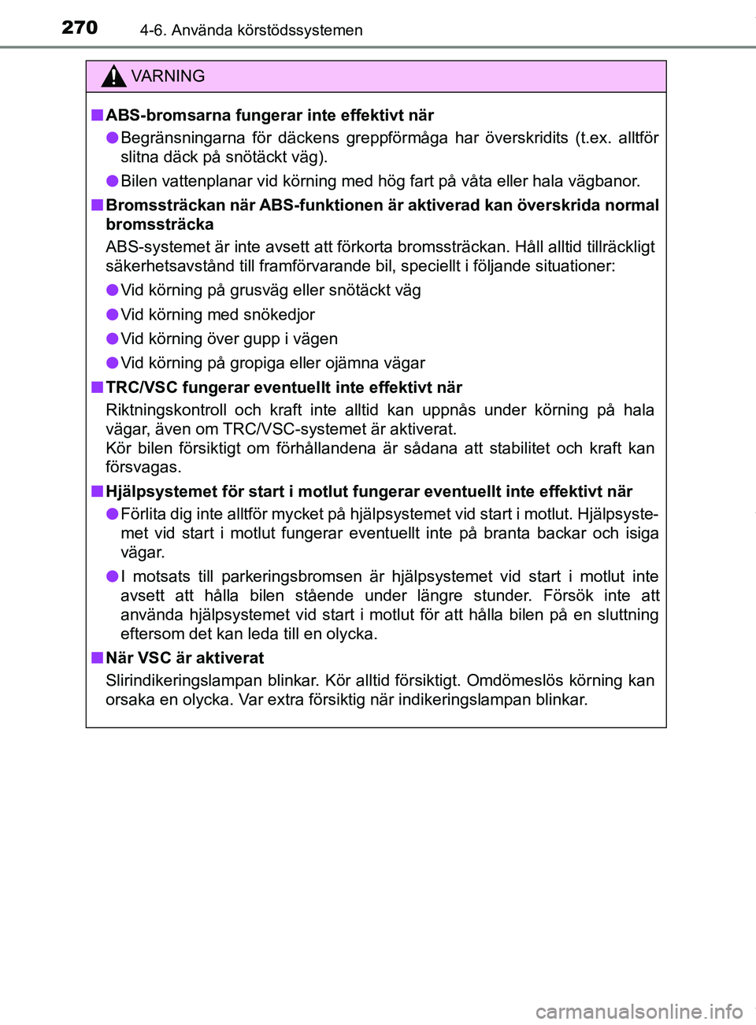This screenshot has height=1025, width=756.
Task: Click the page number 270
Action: click(x=80, y=28)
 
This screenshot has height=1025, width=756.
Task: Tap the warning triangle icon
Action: click(x=113, y=76)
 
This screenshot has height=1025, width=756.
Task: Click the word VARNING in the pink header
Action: click(x=168, y=76)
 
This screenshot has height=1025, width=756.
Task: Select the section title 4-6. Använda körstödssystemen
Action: click(x=251, y=30)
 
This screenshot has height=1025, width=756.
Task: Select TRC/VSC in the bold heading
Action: click(x=142, y=387)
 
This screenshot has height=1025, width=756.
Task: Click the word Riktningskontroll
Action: click(x=165, y=410)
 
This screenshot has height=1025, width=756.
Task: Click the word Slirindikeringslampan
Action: click(x=184, y=681)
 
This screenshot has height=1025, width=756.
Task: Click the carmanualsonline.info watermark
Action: click(x=639, y=1011)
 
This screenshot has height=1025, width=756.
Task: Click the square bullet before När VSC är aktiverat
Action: click(x=96, y=657)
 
